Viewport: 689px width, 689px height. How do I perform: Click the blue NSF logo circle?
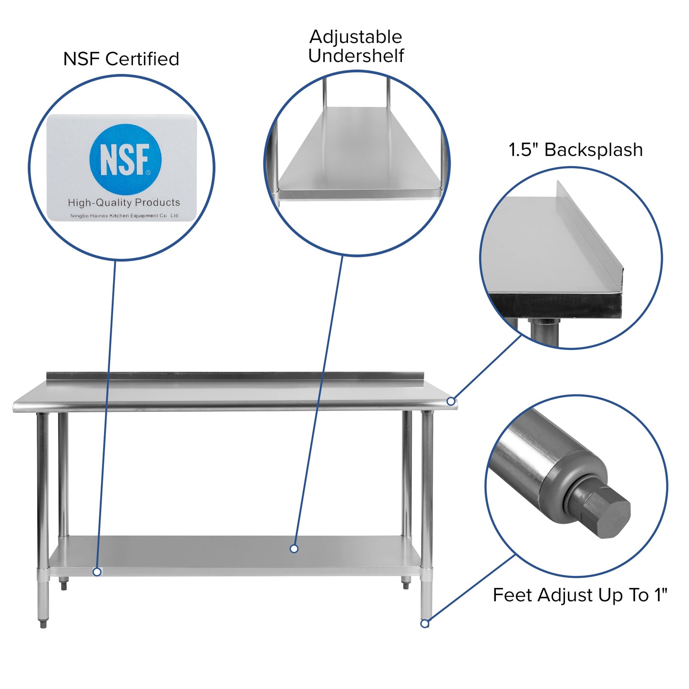[x=125, y=159]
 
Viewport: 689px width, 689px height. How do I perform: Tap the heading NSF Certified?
[x=121, y=59]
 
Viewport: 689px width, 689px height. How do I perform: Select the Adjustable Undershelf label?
[x=356, y=46]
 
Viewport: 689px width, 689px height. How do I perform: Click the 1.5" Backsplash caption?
[x=576, y=150]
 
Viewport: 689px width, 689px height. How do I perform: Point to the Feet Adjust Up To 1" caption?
[x=580, y=595]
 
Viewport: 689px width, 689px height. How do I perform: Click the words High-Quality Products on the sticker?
[x=124, y=203]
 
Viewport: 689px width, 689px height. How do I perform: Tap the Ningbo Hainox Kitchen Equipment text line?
[x=124, y=216]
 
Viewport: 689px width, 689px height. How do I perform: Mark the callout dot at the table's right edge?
[x=451, y=401]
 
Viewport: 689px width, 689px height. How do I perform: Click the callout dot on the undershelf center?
[x=294, y=549]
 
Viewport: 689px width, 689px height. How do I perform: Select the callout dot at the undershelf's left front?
[x=97, y=571]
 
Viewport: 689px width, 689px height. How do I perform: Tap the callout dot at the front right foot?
[x=425, y=623]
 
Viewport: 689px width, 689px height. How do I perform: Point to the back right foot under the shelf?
[x=406, y=583]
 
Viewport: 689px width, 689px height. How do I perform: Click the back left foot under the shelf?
[x=63, y=584]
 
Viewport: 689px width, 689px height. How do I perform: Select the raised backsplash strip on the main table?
[x=234, y=377]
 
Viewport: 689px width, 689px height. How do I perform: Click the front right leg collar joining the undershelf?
[x=426, y=575]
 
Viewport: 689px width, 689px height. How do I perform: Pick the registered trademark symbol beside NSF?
[x=148, y=172]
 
